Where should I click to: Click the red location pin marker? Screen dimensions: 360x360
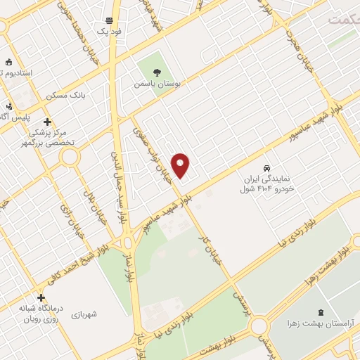pyautogui.click(x=181, y=165)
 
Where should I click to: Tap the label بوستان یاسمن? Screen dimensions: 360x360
pyautogui.click(x=157, y=83)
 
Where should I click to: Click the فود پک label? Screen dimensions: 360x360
pyautogui.click(x=109, y=32)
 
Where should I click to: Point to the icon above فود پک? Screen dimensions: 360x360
pyautogui.click(x=109, y=21)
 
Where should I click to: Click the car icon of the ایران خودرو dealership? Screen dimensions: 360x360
pyautogui.click(x=266, y=168)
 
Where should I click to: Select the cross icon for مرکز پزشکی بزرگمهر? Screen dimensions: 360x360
pyautogui.click(x=48, y=122)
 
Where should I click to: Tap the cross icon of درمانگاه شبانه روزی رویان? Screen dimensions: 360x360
pyautogui.click(x=41, y=297)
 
